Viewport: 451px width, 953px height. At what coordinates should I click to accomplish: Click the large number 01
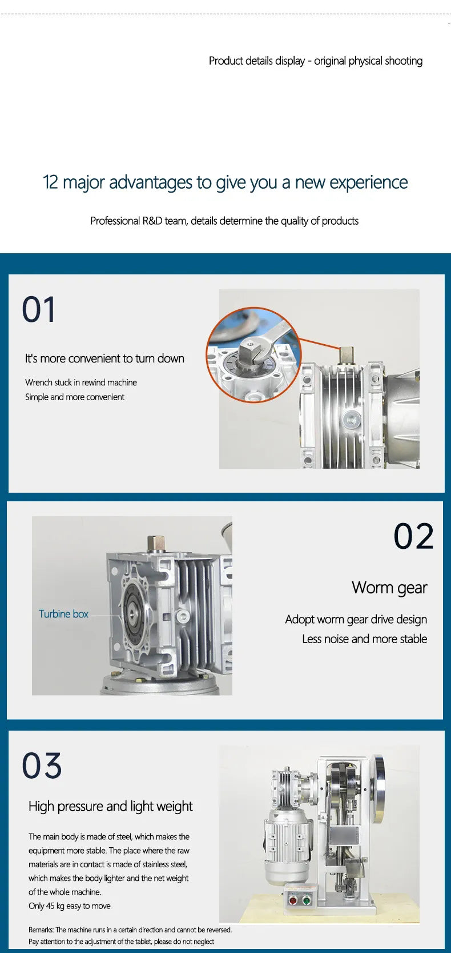[x=38, y=309]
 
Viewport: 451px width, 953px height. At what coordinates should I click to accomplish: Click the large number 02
[x=414, y=536]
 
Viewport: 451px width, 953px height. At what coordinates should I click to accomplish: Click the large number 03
[x=42, y=765]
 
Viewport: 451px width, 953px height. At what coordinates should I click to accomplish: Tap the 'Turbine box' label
[x=64, y=614]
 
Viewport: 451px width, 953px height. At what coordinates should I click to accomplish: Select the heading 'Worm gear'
[x=389, y=588]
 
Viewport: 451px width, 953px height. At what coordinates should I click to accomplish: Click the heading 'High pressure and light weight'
[x=110, y=807]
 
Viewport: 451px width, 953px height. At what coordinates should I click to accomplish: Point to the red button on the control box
[x=292, y=900]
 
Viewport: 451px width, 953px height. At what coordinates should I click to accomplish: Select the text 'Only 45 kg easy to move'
[x=70, y=906]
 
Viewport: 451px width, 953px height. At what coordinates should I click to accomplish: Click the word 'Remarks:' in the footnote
[x=41, y=930]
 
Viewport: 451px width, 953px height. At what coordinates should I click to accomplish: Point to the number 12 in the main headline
[x=50, y=182]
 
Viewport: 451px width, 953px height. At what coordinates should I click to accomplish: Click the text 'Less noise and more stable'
[x=364, y=639]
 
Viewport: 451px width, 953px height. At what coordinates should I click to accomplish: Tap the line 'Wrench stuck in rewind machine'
[x=81, y=382]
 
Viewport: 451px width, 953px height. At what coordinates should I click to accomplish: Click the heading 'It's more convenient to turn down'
[x=104, y=358]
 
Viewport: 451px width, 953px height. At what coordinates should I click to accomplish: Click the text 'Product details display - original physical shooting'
[x=316, y=61]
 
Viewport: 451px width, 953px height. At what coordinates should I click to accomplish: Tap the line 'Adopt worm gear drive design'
[x=356, y=620]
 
